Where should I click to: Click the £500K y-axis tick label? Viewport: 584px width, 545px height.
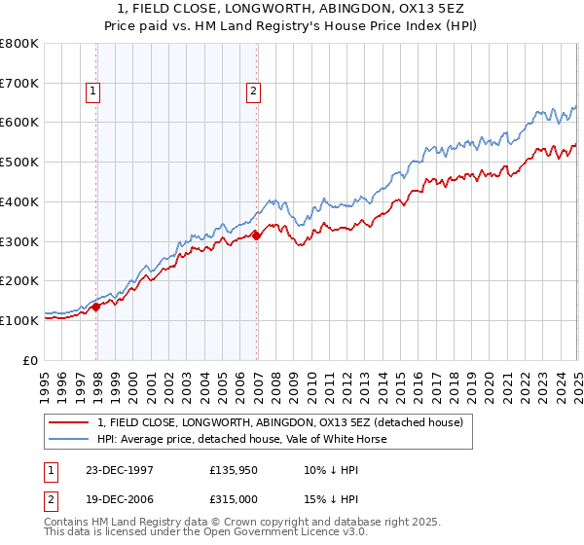coord(19,162)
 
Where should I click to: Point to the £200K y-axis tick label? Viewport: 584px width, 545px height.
coord(19,280)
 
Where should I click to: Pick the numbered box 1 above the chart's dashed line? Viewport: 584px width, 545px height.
coord(93,92)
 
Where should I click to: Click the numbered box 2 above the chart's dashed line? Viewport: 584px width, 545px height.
coord(253,92)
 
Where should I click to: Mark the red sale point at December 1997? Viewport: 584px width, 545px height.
coord(97,307)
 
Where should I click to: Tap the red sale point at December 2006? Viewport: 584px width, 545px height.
coord(257,235)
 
